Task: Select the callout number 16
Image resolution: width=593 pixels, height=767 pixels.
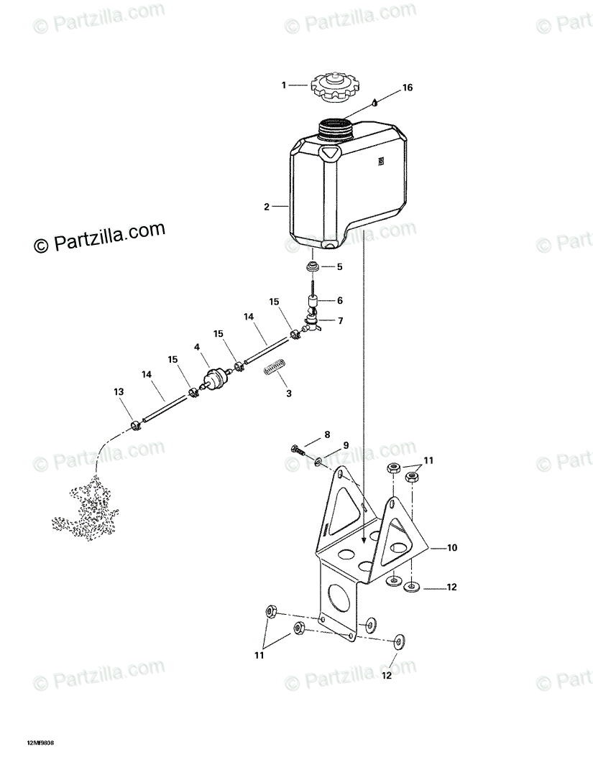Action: click(408, 88)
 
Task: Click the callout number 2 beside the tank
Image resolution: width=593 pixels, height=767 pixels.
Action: click(266, 207)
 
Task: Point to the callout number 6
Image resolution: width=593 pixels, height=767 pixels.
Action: click(339, 301)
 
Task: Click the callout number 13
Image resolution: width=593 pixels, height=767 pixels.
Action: click(118, 391)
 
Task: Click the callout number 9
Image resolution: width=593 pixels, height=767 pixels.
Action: click(346, 445)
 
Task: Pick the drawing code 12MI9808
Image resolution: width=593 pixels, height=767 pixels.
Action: click(40, 743)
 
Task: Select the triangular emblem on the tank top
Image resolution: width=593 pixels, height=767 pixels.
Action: click(331, 152)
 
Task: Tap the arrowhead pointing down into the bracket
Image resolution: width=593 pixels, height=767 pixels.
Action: click(365, 536)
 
